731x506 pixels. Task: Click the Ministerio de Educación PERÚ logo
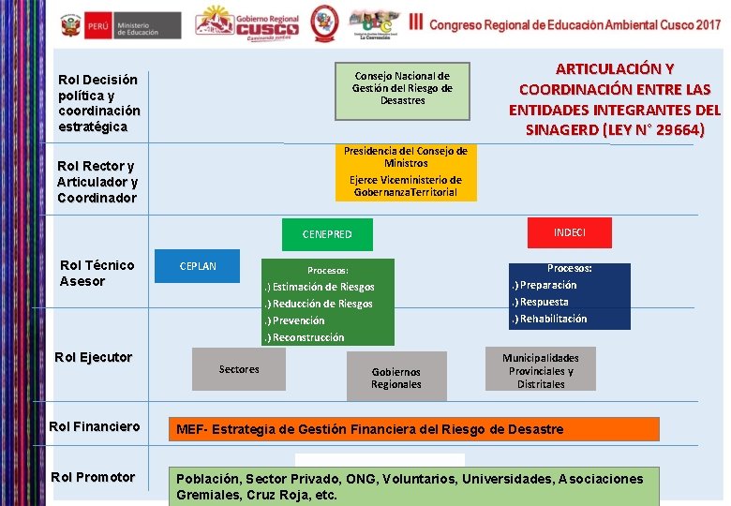(121, 25)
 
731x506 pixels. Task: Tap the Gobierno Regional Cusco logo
(247, 24)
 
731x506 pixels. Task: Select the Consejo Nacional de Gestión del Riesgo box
(402, 89)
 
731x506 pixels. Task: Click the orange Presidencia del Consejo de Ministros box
(406, 171)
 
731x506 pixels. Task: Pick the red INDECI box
(570, 232)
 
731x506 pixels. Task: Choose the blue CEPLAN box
(198, 266)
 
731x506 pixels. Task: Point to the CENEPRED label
(327, 234)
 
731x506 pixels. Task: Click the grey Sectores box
(239, 369)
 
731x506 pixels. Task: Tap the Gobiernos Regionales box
(395, 378)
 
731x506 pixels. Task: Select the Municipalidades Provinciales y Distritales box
(541, 371)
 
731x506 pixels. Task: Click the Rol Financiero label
(95, 427)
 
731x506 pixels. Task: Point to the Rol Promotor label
(93, 478)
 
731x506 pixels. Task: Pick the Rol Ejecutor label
(94, 358)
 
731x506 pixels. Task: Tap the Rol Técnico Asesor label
(97, 274)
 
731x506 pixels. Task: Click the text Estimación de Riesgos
(322, 288)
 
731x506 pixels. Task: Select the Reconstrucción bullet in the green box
(307, 337)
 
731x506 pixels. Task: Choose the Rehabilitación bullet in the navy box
(553, 319)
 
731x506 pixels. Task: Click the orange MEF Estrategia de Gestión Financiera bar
(414, 429)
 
